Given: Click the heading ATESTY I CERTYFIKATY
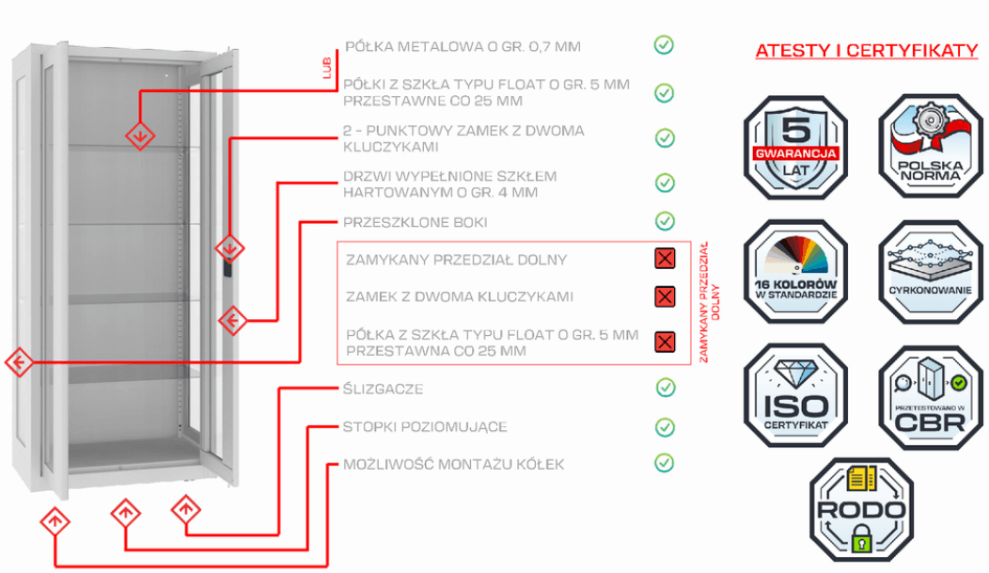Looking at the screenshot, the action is pos(867,51).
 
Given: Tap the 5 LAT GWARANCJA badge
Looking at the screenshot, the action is pos(795,147).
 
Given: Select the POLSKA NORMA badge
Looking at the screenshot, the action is pos(931,147).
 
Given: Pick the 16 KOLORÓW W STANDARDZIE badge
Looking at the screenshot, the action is pos(795,271).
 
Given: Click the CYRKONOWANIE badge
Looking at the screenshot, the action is pos(931,271).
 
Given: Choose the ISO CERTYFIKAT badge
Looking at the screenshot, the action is pos(795,396).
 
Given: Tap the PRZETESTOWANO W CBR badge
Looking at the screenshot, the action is pos(931,397).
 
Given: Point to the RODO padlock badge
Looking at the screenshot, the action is pos(861,510).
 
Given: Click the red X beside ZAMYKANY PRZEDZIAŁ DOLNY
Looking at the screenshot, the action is pos(665,258).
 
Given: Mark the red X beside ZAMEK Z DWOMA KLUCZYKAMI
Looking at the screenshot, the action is pos(665,296).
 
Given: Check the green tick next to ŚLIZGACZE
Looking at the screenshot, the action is pos(666,388).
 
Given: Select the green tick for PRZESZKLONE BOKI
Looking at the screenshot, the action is pos(665,221).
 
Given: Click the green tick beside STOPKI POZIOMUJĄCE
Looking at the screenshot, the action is pos(665,427).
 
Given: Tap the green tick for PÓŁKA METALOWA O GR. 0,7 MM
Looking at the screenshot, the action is pos(664,45).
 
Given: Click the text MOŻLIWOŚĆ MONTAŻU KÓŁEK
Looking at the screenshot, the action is pos(453,465).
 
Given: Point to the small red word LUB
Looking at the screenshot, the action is pos(327,68).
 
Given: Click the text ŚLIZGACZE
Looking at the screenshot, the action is pos(383,389).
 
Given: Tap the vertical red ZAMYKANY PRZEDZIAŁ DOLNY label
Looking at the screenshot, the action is pos(710,302).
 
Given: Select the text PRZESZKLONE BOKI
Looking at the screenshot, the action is pos(415,222).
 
